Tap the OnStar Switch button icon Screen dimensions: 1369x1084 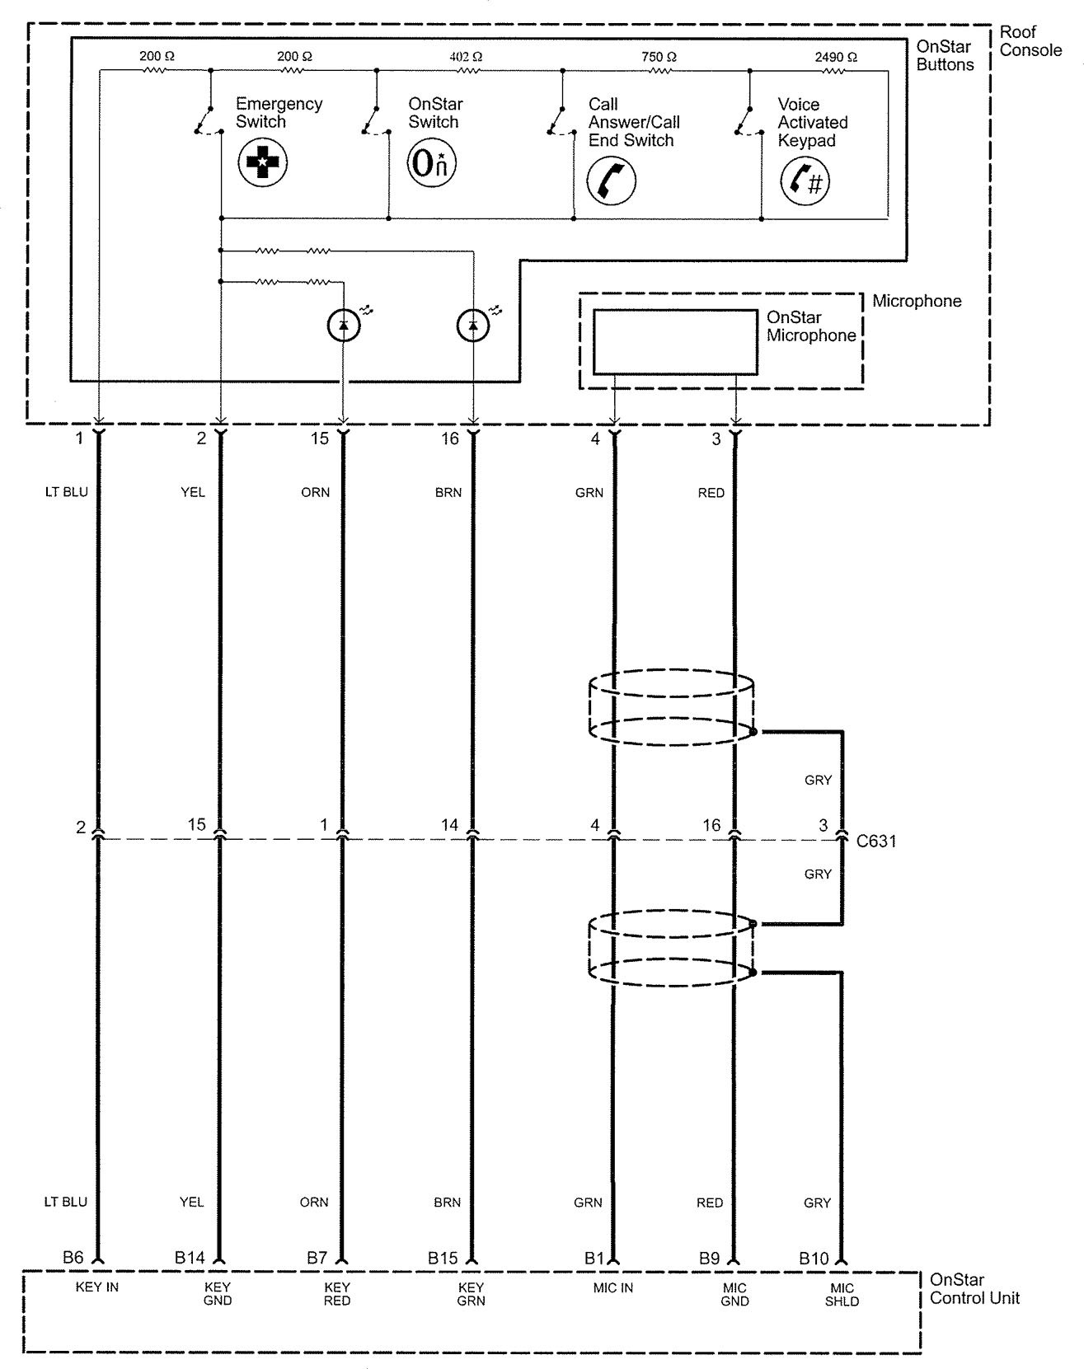(x=432, y=162)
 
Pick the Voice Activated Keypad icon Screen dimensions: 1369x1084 (x=805, y=181)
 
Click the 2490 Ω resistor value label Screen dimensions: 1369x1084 (x=835, y=57)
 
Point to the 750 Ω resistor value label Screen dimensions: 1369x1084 (x=659, y=57)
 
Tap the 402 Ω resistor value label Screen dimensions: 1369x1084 (x=466, y=57)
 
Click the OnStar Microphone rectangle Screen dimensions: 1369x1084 (x=674, y=342)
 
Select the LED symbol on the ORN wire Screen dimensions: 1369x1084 (x=344, y=326)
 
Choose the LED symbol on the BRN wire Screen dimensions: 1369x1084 (x=472, y=326)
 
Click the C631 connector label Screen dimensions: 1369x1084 (x=876, y=842)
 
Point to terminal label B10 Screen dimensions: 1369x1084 (x=814, y=1259)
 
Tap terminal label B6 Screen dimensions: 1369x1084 (x=73, y=1258)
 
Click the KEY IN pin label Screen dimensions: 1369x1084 (x=97, y=1287)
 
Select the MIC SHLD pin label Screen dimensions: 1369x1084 (x=842, y=1294)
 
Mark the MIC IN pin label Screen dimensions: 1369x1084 (x=612, y=1287)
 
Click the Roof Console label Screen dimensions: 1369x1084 (x=1030, y=41)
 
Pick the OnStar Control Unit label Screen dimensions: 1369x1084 (x=974, y=1289)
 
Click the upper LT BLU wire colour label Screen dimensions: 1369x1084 (x=66, y=492)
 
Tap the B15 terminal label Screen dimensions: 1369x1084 (x=443, y=1259)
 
